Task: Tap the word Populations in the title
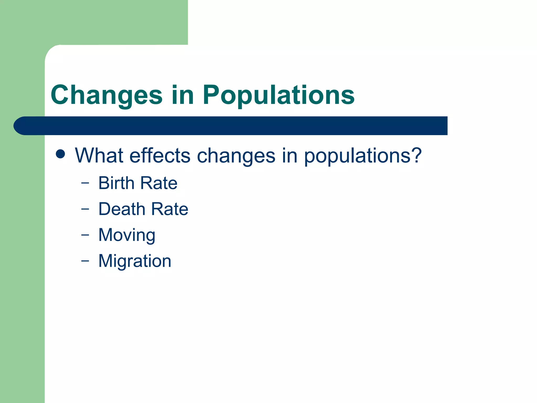[x=278, y=95]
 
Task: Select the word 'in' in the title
[x=183, y=95]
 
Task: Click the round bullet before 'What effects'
[x=61, y=154]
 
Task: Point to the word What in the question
[x=99, y=155]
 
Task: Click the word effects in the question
[x=160, y=155]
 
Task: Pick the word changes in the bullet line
[x=236, y=155]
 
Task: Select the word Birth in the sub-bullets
[x=116, y=183]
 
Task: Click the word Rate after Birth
[x=159, y=183]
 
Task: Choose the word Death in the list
[x=122, y=209]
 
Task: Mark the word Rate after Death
[x=170, y=209]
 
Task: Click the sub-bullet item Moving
[x=127, y=235]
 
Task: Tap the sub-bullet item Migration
[x=135, y=261]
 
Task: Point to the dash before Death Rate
[x=85, y=209]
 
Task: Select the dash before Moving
[x=85, y=235]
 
